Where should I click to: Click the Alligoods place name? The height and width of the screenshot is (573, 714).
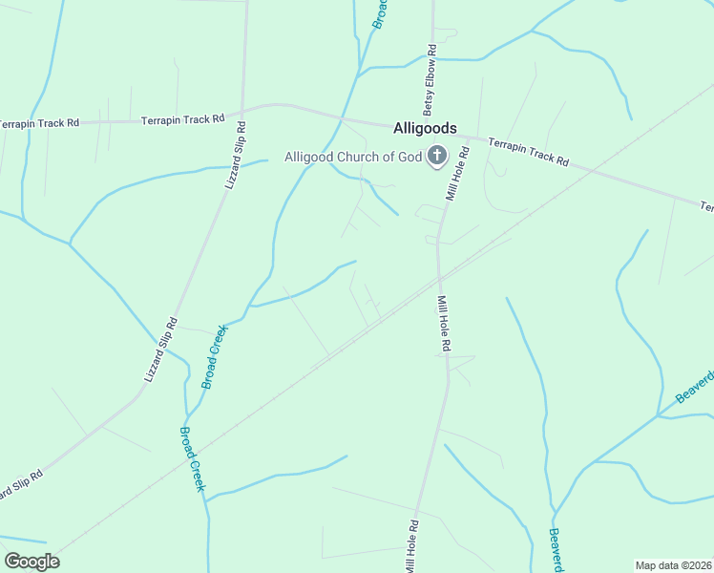click(x=425, y=128)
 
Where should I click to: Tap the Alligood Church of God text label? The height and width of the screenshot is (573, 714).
click(x=353, y=157)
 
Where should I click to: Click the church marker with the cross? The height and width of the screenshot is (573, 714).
click(x=437, y=155)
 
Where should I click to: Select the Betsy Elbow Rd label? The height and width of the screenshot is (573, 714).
click(x=431, y=76)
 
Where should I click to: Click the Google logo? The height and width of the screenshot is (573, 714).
click(x=31, y=562)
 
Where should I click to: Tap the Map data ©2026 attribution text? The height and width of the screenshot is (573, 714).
click(x=673, y=565)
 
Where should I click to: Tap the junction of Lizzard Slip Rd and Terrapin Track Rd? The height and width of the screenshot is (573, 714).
click(x=245, y=110)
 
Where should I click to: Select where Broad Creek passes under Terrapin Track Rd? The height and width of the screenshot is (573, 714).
click(x=342, y=118)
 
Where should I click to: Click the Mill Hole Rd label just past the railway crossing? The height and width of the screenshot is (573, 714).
click(x=443, y=323)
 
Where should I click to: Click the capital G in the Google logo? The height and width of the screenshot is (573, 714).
click(x=12, y=562)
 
